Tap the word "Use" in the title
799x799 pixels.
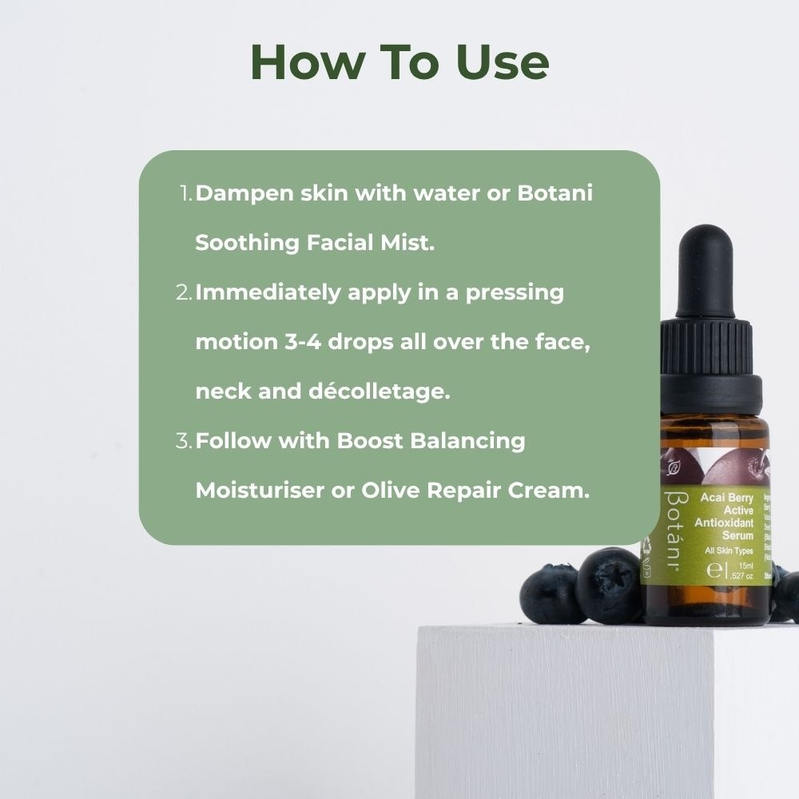pyautogui.click(x=502, y=62)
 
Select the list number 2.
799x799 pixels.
pyautogui.click(x=183, y=293)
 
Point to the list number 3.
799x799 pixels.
pyautogui.click(x=183, y=441)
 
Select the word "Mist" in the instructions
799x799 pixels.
pyautogui.click(x=411, y=244)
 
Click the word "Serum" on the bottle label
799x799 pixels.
pyautogui.click(x=737, y=535)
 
